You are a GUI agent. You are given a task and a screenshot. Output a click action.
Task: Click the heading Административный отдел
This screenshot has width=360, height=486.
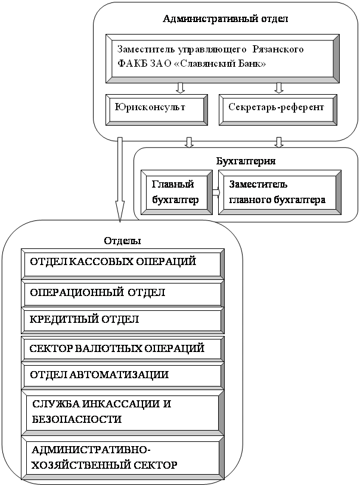point(225,18)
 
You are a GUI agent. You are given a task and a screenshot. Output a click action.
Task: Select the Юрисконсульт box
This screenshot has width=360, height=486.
point(157,108)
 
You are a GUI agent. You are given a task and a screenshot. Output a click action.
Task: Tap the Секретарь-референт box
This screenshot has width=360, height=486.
point(276,108)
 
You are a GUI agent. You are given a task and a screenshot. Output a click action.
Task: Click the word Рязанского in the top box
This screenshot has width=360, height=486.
point(278,49)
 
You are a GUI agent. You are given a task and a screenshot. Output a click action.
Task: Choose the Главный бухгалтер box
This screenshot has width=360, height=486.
point(175,192)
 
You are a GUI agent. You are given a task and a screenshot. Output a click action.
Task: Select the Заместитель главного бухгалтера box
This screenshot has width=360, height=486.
point(280,192)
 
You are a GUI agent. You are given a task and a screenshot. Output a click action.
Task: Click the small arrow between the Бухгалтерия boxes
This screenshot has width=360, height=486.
point(216,192)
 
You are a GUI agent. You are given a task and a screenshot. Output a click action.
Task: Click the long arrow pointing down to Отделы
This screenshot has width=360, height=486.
point(120,179)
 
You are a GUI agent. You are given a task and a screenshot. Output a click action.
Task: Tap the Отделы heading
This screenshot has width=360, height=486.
point(122,241)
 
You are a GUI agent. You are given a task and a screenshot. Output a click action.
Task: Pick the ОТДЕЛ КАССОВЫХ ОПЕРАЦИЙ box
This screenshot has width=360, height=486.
point(122,263)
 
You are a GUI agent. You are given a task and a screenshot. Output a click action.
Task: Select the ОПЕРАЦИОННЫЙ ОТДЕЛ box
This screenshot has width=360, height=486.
point(122,293)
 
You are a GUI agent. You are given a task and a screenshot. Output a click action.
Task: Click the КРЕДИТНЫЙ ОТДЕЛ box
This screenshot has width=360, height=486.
point(122,320)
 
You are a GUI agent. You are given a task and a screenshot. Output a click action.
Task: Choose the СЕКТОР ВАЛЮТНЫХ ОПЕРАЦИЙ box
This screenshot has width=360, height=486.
point(122,348)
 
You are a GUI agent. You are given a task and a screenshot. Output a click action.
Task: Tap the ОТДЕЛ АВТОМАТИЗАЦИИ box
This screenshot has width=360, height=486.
point(122,375)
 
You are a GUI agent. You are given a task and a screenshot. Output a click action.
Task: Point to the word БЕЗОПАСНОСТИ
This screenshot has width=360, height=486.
point(77,419)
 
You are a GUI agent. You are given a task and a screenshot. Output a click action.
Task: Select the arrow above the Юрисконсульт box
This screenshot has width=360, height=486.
point(180,88)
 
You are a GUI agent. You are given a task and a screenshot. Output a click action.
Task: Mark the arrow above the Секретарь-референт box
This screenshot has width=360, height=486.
point(278,88)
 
